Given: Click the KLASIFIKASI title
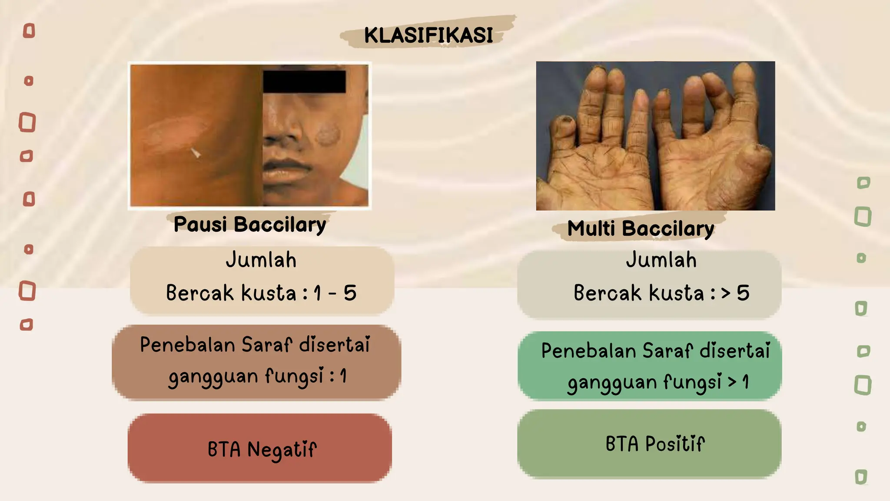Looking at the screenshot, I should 428,35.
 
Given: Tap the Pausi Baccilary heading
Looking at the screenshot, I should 250,225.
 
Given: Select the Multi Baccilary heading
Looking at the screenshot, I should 641,229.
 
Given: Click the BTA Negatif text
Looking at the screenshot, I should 262,450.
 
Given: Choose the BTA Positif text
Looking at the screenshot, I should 655,444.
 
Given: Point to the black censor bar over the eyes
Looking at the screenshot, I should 304,82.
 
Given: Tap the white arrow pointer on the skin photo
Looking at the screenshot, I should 196,153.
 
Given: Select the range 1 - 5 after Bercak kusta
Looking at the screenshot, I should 335,293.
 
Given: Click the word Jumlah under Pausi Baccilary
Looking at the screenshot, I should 261,260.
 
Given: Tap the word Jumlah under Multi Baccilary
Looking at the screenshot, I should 661,260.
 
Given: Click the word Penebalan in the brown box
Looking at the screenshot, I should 187,345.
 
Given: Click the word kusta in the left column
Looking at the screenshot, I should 269,293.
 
